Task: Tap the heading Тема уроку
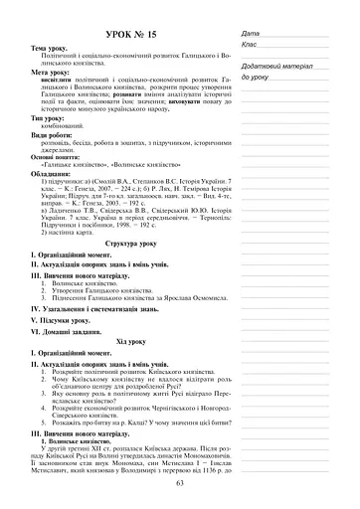[51, 49]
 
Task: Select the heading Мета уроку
[51, 74]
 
